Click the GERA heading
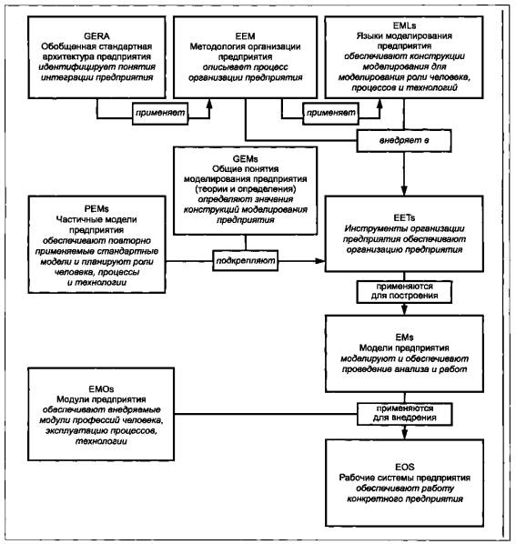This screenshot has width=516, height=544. click(96, 36)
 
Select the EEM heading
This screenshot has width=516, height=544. click(245, 36)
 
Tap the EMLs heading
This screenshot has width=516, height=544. click(404, 25)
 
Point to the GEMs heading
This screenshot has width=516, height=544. click(246, 159)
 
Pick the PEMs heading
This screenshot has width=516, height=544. click(96, 209)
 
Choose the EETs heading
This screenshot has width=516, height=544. click(404, 218)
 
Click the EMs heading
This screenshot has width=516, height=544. click(404, 337)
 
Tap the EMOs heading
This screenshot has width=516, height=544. click(101, 389)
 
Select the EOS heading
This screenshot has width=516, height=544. click(405, 467)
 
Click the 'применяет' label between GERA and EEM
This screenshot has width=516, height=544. click(160, 113)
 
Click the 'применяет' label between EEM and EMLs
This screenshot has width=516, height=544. click(330, 113)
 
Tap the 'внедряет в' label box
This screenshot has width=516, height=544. click(404, 140)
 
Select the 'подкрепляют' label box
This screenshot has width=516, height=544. click(246, 260)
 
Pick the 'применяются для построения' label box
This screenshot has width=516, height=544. click(404, 291)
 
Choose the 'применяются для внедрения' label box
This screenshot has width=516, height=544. click(405, 414)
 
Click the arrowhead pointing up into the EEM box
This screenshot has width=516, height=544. click(209, 104)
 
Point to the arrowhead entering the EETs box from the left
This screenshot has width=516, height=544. click(320, 261)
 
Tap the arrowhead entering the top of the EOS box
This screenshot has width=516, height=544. click(404, 434)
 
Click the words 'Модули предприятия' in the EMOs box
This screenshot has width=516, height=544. click(101, 399)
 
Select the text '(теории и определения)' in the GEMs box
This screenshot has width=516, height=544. click(246, 189)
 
